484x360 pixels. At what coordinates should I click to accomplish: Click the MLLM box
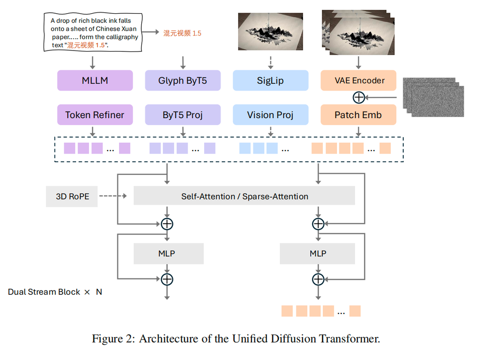[x=95, y=80]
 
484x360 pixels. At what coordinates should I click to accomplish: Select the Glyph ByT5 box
[x=182, y=80]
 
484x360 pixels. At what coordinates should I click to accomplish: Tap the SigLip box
[x=270, y=80]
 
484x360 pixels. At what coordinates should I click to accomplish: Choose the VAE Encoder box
[x=359, y=80]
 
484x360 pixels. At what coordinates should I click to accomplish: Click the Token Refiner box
[x=95, y=115]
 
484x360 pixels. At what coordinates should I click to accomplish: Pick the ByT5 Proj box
[x=182, y=115]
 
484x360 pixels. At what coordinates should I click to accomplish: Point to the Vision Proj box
[x=270, y=115]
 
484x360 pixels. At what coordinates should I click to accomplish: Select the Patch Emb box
[x=359, y=115]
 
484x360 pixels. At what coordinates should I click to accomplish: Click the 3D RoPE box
[x=72, y=196]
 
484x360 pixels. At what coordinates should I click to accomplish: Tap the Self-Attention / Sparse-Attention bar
[x=244, y=196]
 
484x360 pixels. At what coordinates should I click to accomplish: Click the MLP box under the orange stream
[x=318, y=254]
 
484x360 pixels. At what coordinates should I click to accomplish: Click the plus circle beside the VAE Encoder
[x=359, y=97]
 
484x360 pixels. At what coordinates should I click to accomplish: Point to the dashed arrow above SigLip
[x=270, y=62]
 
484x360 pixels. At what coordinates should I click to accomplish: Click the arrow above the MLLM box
[x=93, y=62]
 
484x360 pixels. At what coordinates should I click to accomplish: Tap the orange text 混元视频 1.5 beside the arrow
[x=182, y=33]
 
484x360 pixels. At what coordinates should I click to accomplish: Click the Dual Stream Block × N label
[x=55, y=292]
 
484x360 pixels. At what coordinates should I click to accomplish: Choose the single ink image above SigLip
[x=270, y=32]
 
